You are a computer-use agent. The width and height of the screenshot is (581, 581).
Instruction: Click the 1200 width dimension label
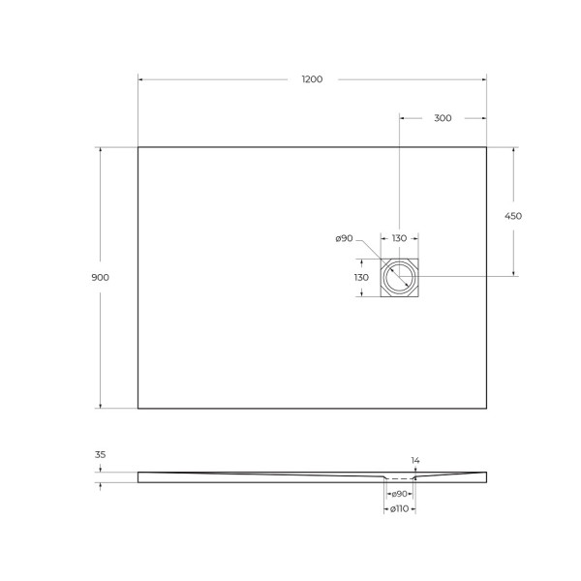pos(312,79)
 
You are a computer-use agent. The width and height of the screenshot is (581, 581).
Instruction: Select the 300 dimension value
pos(443,118)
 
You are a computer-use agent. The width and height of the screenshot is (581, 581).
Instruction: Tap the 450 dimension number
pos(513,216)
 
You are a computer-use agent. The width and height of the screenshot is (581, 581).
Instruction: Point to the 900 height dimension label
pos(100,277)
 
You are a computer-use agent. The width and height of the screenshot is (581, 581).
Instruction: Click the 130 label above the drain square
pos(399,238)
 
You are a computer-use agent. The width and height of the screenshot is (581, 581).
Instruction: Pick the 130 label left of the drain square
pos(361,277)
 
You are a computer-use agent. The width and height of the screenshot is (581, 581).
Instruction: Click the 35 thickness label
pos(100,453)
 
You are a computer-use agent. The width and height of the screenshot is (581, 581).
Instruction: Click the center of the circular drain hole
pos(399,278)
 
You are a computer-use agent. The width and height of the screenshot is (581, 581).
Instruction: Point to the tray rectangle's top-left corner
pos(138,147)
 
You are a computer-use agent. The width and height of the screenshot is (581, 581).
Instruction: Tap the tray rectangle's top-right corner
pos(486,147)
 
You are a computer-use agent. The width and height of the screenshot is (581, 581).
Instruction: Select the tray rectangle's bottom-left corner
pos(138,408)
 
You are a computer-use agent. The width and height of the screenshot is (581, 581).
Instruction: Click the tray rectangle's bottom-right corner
pos(486,408)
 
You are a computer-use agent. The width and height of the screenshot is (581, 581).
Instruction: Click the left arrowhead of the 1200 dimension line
pos(141,79)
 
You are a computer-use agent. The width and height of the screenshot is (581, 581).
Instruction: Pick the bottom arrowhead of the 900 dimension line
pos(100,405)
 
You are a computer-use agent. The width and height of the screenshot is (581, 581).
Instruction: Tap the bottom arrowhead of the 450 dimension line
pos(513,274)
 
